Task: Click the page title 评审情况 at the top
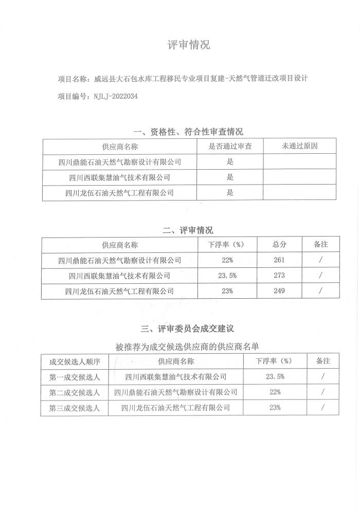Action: tap(189, 45)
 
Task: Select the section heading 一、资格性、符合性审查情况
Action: tap(188, 132)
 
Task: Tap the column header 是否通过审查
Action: tap(230, 146)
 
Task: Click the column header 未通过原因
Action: tap(300, 146)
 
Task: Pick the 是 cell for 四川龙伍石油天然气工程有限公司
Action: tap(230, 193)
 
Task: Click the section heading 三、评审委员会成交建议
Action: tap(188, 328)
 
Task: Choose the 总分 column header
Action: tap(279, 244)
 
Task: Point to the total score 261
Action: tap(279, 260)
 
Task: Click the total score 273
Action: tap(279, 276)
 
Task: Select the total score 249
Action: tap(279, 291)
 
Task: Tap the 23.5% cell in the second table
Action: tap(227, 276)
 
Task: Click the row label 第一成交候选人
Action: tap(75, 377)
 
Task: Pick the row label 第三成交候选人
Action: tap(75, 408)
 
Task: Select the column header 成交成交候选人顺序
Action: tap(75, 361)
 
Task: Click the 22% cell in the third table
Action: tap(275, 392)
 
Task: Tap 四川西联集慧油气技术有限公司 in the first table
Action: tap(120, 177)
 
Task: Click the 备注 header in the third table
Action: tap(322, 361)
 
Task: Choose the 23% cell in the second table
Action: tap(227, 291)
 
